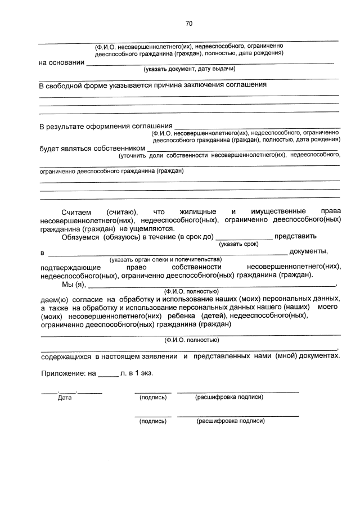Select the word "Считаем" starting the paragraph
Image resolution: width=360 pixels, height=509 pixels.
pos(76,210)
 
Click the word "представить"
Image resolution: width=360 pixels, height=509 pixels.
pos(296,236)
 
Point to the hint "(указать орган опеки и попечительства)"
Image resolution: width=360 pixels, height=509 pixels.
pos(166,259)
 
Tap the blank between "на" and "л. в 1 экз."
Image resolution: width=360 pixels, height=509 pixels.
pos(109,376)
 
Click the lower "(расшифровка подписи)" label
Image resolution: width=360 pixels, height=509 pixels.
pos(231,421)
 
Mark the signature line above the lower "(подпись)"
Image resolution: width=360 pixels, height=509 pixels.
pos(153,416)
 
